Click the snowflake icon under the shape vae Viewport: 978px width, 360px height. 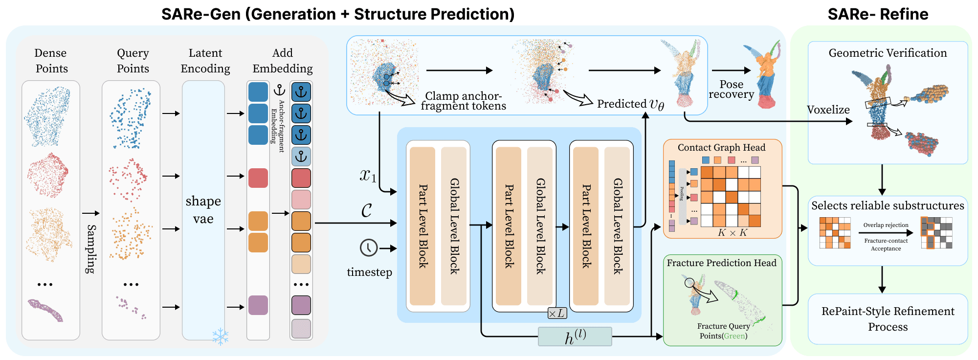coord(221,337)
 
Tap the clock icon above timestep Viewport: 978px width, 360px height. coord(369,248)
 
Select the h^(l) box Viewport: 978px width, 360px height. coord(575,337)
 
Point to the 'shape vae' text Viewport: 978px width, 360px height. coord(203,210)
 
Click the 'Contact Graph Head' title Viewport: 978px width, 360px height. coord(721,148)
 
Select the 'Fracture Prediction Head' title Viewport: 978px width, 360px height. coord(721,263)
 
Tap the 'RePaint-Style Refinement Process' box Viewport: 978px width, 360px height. coord(888,319)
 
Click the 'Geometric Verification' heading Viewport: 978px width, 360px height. coord(888,53)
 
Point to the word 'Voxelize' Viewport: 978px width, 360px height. coord(828,110)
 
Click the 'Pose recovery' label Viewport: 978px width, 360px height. coord(731,90)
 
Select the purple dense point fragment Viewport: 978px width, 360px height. coord(45,310)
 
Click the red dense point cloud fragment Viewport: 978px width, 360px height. coord(47,175)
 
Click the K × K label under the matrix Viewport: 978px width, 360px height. coord(732,233)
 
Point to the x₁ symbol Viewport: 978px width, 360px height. coord(368,176)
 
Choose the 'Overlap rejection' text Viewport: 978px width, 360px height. coord(886,225)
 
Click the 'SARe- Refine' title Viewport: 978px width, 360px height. coord(878,14)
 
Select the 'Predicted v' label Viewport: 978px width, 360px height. coord(630,104)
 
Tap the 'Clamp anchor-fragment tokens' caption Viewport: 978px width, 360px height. coord(463,101)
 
